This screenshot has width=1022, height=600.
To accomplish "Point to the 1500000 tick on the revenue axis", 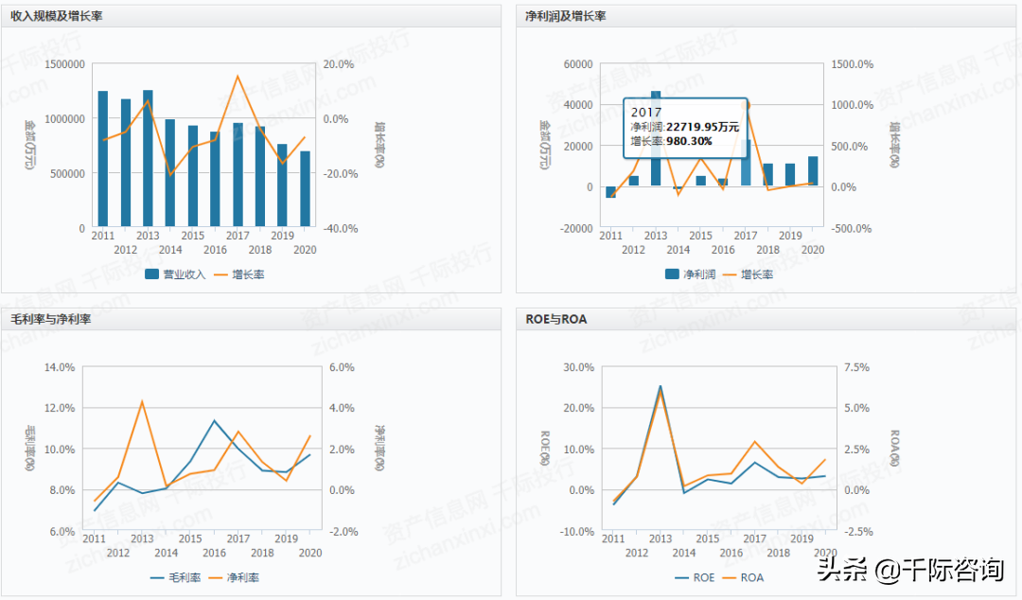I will [x=64, y=64].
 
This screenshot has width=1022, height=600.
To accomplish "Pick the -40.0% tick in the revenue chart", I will [x=338, y=229].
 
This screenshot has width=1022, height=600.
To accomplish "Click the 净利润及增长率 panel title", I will [x=565, y=16].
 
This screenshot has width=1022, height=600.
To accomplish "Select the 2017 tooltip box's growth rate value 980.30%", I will [x=689, y=141].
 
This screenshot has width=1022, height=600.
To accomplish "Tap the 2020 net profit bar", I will [x=813, y=171].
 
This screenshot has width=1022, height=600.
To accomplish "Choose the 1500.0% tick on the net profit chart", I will [x=851, y=64].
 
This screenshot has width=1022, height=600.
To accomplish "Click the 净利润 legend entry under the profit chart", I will [x=690, y=274].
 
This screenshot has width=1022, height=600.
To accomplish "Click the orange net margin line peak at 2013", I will [x=142, y=401].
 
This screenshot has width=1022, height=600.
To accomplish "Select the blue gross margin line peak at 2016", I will [x=215, y=420].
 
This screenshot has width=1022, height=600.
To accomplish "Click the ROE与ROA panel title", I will [x=555, y=319].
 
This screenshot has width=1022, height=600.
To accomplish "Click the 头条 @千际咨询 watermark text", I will [x=909, y=570].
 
